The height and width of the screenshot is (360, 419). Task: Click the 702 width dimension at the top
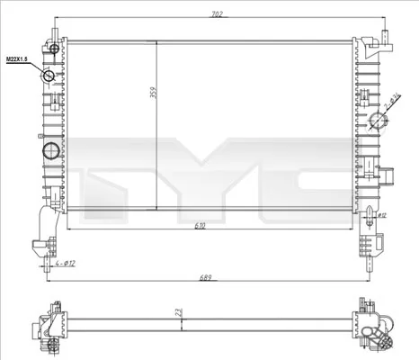[x=216, y=14]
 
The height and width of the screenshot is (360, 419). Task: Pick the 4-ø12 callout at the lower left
[x=64, y=263]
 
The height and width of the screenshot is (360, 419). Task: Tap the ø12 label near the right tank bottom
[x=381, y=216]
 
